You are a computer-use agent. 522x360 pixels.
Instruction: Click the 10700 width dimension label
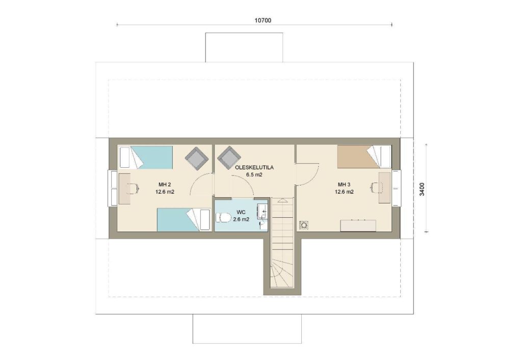(263, 20)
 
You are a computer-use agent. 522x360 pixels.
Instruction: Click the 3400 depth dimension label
(422, 189)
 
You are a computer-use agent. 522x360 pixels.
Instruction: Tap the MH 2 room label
(165, 185)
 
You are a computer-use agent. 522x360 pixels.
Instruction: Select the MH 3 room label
(344, 185)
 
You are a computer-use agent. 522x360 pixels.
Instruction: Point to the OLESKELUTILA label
(254, 168)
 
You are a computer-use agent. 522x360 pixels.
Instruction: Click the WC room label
(241, 212)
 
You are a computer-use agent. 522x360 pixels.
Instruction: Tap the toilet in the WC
(223, 218)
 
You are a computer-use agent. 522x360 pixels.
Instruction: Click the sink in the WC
(263, 211)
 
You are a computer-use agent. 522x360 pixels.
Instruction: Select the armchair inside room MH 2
(197, 158)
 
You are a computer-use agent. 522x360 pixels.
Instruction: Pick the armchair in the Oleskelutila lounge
(229, 158)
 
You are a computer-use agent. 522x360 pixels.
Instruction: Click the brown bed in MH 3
(364, 157)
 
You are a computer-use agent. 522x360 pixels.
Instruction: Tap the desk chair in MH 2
(134, 189)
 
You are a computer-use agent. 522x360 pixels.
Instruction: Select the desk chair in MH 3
(376, 188)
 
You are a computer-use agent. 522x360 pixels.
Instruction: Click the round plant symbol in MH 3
(304, 225)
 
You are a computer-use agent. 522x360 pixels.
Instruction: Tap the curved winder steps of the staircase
(281, 273)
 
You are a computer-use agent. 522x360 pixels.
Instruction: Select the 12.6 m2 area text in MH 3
(344, 192)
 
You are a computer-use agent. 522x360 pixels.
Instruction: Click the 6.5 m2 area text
(254, 174)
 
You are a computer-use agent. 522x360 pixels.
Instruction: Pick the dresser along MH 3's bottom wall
(358, 225)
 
